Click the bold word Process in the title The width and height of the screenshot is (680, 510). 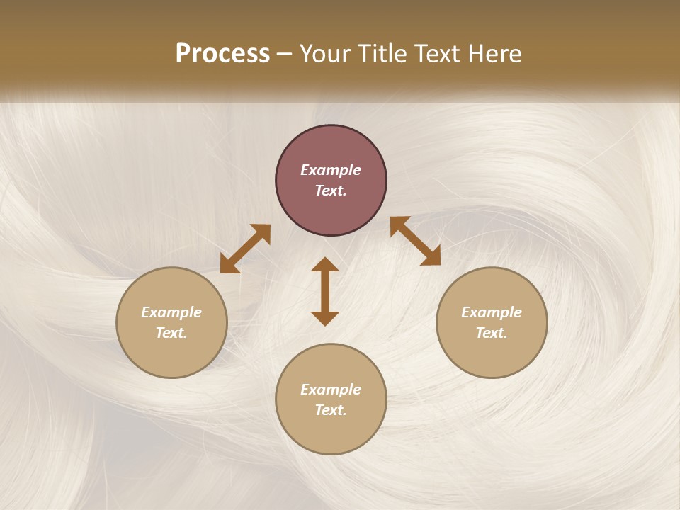pyautogui.click(x=222, y=54)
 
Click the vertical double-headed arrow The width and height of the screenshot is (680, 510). pyautogui.click(x=325, y=292)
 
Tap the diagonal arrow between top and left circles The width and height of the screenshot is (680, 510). pyautogui.click(x=245, y=249)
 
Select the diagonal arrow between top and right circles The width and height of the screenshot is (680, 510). pyautogui.click(x=415, y=241)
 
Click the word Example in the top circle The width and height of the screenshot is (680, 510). pyautogui.click(x=331, y=170)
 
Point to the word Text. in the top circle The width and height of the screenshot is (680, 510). pyautogui.click(x=331, y=191)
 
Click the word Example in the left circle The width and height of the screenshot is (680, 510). pyautogui.click(x=171, y=312)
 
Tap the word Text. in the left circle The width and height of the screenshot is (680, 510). pyautogui.click(x=171, y=333)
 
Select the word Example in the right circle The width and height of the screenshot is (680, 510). pyautogui.click(x=492, y=312)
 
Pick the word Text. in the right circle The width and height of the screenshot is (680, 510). pyautogui.click(x=492, y=333)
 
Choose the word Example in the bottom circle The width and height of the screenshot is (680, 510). pyautogui.click(x=331, y=390)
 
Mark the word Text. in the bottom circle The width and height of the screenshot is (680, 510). pyautogui.click(x=331, y=410)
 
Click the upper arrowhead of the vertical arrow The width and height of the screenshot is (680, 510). pyautogui.click(x=325, y=265)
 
